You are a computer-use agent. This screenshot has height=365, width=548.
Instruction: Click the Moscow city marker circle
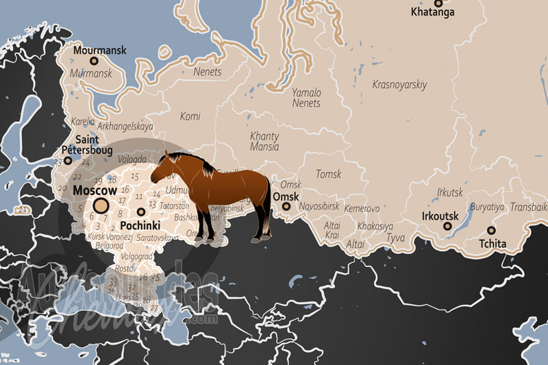[x=101, y=205]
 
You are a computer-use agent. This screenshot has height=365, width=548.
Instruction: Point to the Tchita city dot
[x=491, y=230]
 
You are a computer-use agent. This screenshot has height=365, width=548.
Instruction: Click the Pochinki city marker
[x=140, y=212]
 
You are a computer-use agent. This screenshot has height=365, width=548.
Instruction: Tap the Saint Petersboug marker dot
[x=68, y=160]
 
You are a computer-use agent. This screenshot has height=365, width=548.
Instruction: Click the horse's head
[x=169, y=165]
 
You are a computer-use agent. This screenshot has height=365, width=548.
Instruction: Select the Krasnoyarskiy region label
[x=399, y=85]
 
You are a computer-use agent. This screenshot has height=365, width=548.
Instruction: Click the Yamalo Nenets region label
[x=306, y=97]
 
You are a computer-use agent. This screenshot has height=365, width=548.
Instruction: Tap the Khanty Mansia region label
[x=264, y=141]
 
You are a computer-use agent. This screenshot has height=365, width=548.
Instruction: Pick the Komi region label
[x=190, y=116]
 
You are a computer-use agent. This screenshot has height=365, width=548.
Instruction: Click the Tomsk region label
[x=328, y=175]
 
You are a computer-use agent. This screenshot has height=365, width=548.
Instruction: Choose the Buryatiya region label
[x=486, y=207]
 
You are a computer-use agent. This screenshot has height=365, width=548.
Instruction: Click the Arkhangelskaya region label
[x=125, y=127]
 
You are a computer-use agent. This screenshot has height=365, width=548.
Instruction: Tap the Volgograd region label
[x=136, y=257]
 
